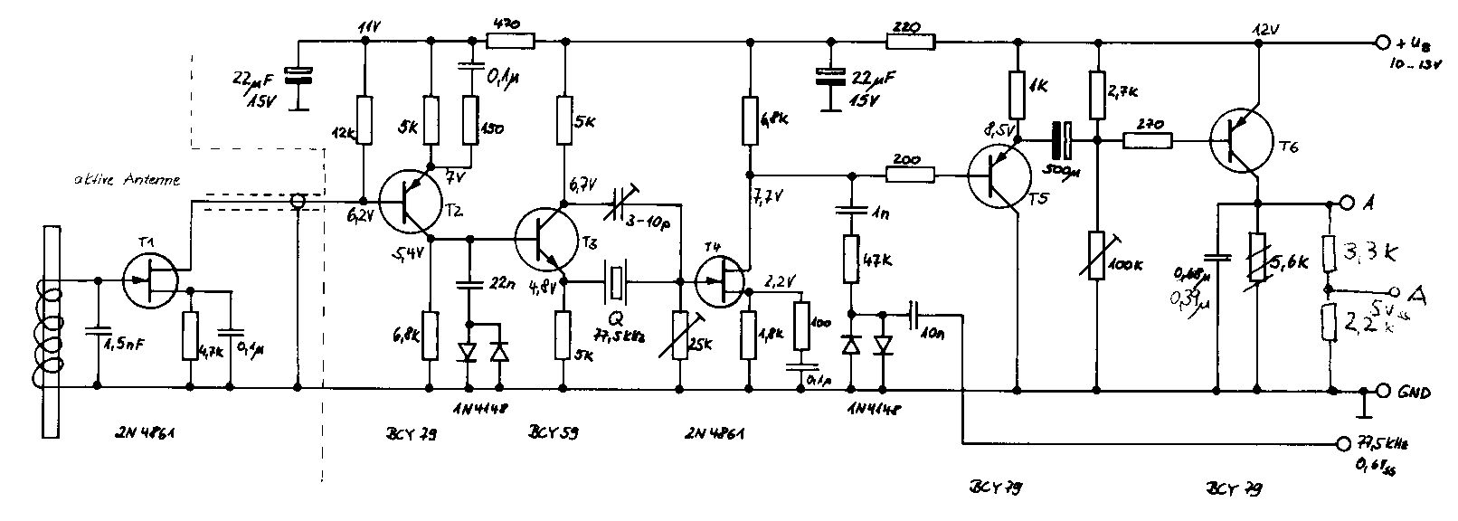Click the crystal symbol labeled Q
pyautogui.click(x=616, y=281)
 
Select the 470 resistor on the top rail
pyautogui.click(x=511, y=40)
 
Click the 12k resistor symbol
pyautogui.click(x=363, y=120)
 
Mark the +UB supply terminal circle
pyautogui.click(x=1382, y=42)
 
